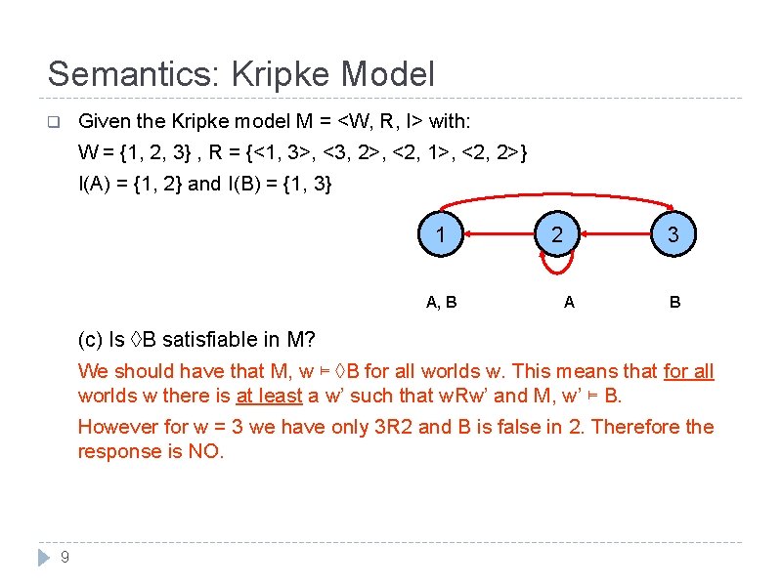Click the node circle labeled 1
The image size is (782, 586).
(x=442, y=234)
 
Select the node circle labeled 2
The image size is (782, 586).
(x=557, y=234)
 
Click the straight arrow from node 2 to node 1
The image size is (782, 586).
(x=499, y=234)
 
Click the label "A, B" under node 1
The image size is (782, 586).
(x=442, y=303)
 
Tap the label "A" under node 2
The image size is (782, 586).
(x=569, y=303)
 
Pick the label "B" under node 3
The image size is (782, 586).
(x=674, y=303)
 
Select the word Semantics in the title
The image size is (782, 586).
(x=123, y=74)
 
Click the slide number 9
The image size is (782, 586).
(x=65, y=558)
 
